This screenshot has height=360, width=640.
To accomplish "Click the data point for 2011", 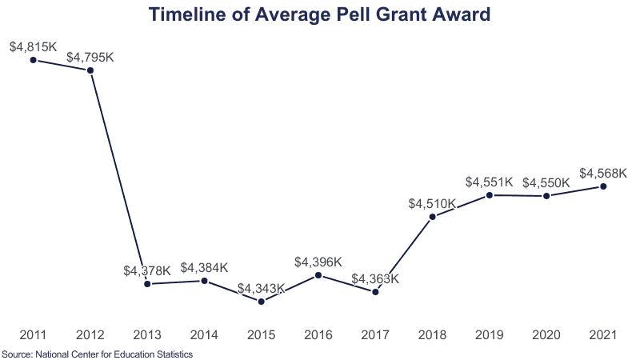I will click(x=33, y=59).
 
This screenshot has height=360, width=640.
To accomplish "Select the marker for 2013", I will click(x=147, y=284).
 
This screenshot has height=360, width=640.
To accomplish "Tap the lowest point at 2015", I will click(x=262, y=302).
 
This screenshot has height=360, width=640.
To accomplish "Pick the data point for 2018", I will click(x=432, y=216).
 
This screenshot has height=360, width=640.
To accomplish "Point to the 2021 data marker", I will click(x=603, y=186).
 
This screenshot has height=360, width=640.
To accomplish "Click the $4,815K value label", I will click(x=33, y=46).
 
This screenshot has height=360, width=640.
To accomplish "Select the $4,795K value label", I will click(x=90, y=58).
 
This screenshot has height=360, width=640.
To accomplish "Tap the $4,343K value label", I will click(x=262, y=289).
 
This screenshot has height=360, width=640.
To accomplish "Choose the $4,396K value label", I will click(x=318, y=262).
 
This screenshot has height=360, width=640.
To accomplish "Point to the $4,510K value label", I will click(x=432, y=203).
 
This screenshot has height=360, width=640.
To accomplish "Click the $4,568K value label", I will click(x=603, y=174).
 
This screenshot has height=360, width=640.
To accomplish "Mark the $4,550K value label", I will click(x=546, y=182).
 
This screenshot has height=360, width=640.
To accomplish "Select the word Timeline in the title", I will click(x=189, y=14).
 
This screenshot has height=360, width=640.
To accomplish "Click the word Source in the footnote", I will click(x=16, y=353).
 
